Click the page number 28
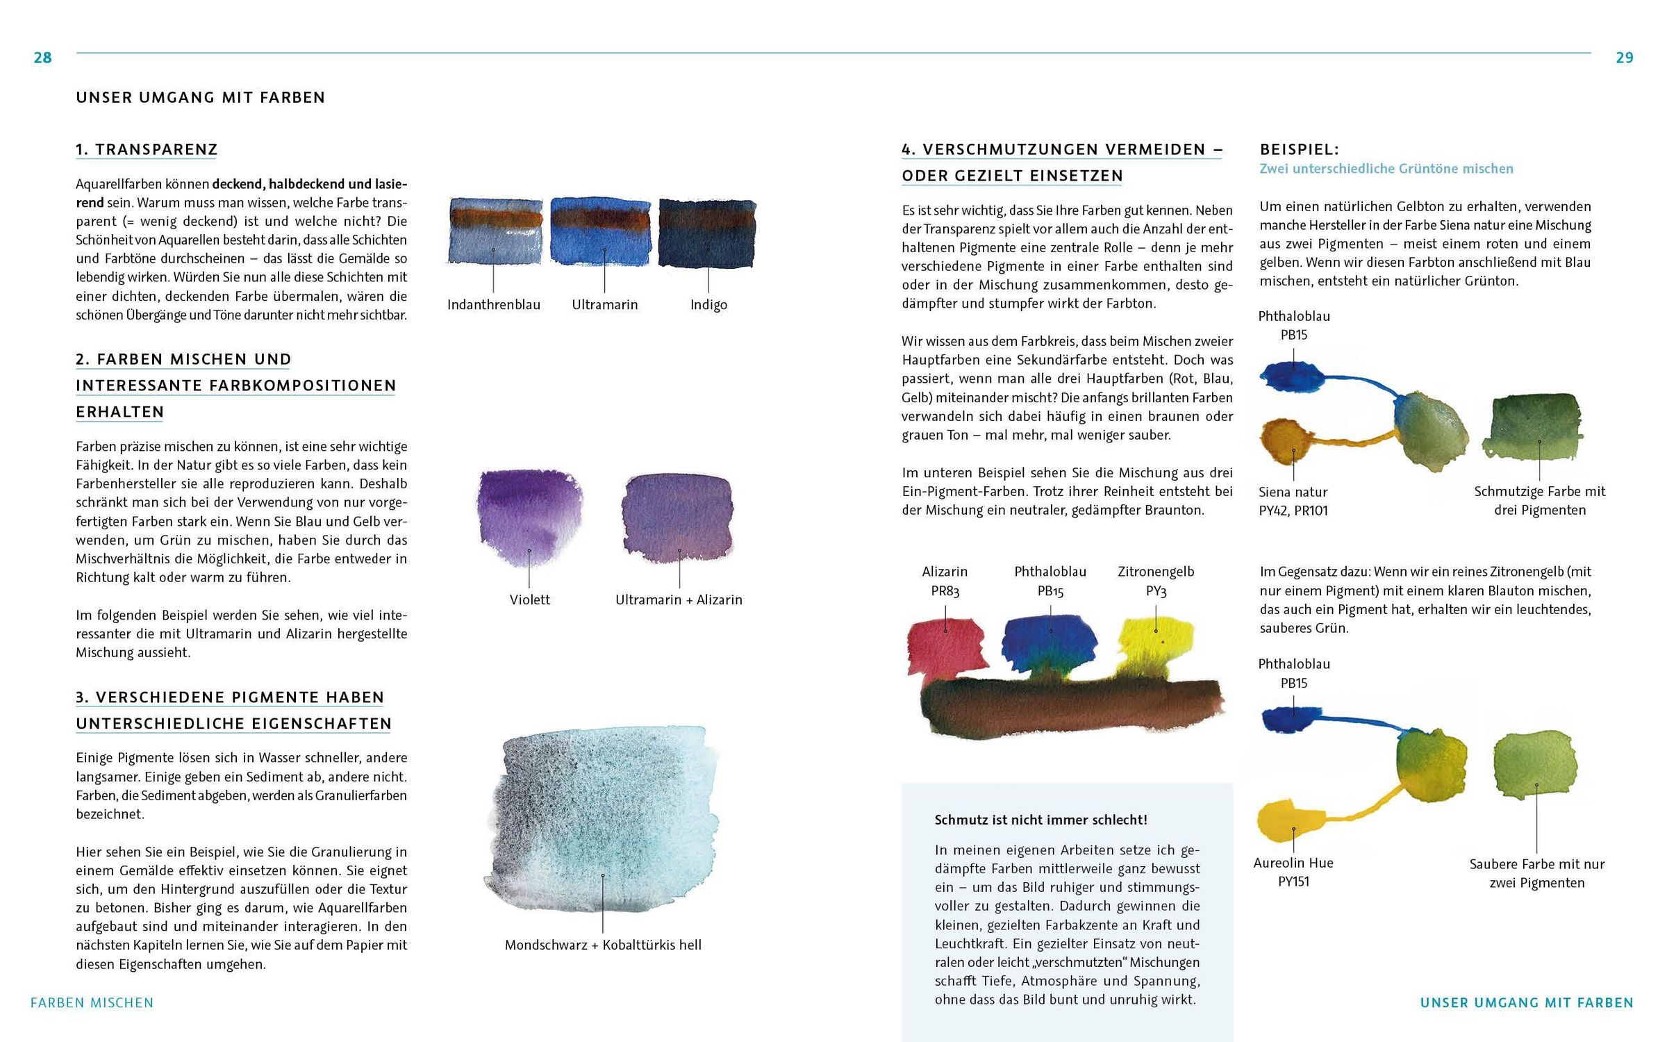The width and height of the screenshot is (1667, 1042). point(42,58)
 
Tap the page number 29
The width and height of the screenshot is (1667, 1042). point(1624,58)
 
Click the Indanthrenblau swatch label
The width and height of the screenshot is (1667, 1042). point(493,304)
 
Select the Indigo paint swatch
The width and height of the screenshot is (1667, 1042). point(707,233)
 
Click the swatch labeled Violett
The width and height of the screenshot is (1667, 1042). point(529,518)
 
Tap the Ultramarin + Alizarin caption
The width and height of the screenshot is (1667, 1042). point(679,599)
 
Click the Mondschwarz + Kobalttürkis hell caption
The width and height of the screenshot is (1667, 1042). point(603,945)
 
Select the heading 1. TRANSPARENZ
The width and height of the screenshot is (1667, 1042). point(147,149)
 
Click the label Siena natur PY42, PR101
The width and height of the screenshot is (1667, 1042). point(1293,501)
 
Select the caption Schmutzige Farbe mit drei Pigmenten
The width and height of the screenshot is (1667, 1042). point(1539,500)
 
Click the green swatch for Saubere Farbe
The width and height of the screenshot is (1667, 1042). point(1535,764)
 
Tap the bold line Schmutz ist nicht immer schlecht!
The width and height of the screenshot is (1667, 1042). point(1040,820)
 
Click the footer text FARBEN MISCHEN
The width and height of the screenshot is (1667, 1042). point(92,1002)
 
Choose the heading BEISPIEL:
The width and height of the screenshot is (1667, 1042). point(1299,149)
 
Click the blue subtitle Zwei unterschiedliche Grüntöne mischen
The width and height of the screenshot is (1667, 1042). point(1386,169)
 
